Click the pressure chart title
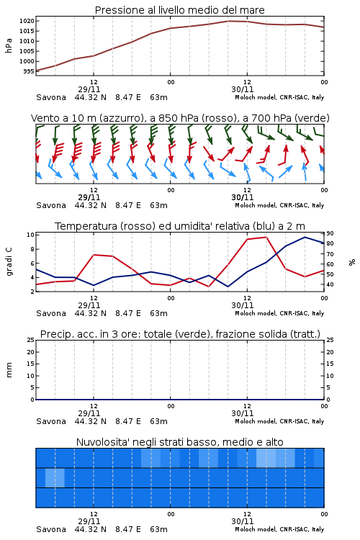click(x=179, y=10)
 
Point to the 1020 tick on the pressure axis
click(x=27, y=21)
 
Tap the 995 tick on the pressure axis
click(x=29, y=71)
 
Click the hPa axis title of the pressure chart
click(x=9, y=45)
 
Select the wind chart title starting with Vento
click(x=180, y=118)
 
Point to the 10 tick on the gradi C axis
click(x=30, y=235)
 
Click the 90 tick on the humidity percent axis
click(x=330, y=233)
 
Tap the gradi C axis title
click(x=9, y=261)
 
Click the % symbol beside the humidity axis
click(x=352, y=262)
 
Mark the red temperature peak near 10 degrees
click(x=266, y=237)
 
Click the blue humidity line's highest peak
click(x=305, y=237)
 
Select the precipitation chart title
click(x=180, y=334)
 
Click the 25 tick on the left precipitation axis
click(x=30, y=340)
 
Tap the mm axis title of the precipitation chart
click(x=9, y=370)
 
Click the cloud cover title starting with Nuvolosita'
click(x=180, y=442)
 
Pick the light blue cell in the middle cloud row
click(x=55, y=478)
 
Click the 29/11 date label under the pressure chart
click(x=89, y=89)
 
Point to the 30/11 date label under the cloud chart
click(x=243, y=521)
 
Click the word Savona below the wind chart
click(x=51, y=205)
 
